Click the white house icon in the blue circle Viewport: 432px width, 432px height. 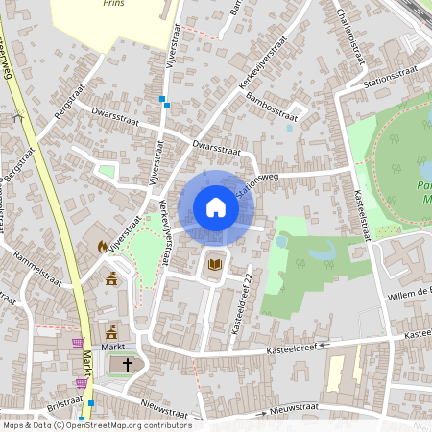[216, 207]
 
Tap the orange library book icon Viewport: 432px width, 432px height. [215, 264]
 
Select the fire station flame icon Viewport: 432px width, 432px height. [102, 247]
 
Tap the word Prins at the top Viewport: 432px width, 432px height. [114, 4]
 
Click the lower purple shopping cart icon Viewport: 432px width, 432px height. [82, 383]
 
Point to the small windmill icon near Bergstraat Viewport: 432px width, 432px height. [16, 118]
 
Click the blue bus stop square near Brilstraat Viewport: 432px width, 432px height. [91, 403]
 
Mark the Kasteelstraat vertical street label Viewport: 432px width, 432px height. [364, 216]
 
